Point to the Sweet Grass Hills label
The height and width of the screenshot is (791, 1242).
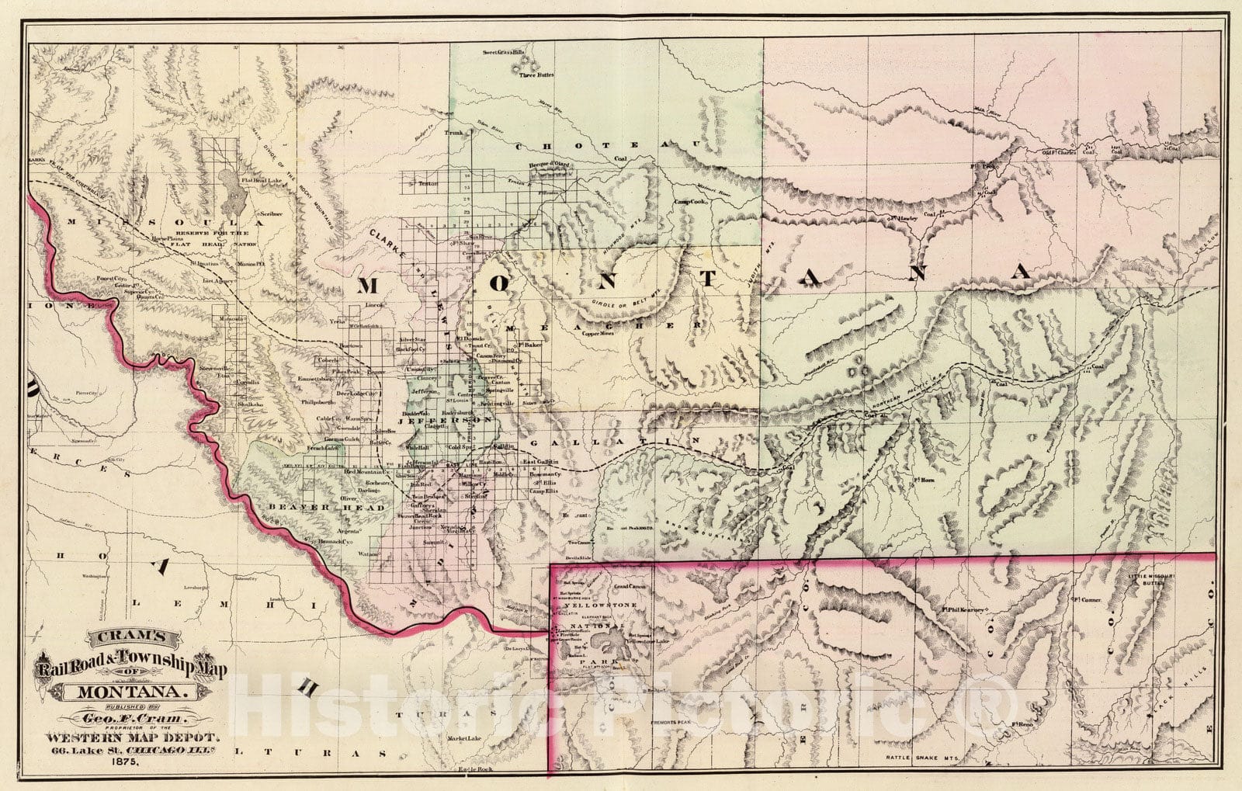pyautogui.click(x=504, y=53)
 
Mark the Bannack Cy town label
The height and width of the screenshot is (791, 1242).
pyautogui.click(x=331, y=540)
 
